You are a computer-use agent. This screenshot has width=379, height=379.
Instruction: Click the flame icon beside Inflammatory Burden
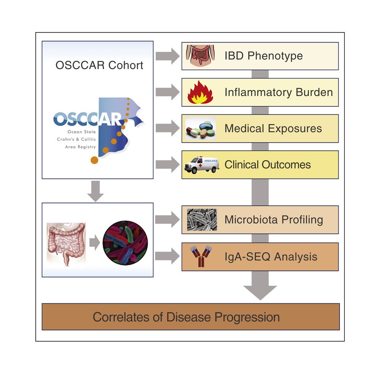[200, 92]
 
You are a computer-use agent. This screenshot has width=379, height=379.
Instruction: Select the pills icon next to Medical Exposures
[201, 129]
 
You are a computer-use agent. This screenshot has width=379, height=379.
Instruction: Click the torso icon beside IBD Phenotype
[201, 56]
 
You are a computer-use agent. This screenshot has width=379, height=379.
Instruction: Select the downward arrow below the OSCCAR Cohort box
[96, 191]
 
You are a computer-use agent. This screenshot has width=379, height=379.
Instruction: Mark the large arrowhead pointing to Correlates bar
[260, 291]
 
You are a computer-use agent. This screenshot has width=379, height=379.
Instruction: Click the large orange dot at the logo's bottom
[94, 159]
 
